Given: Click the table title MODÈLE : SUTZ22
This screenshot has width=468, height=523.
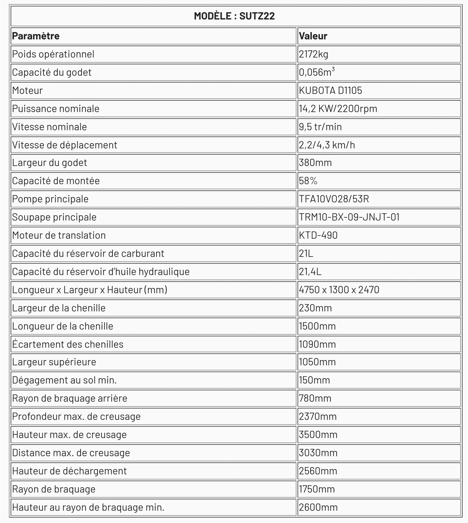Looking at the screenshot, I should [x=234, y=16].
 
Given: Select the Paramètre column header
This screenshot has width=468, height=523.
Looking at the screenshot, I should [x=36, y=36].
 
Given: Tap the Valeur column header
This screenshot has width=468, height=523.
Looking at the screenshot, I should [x=313, y=36].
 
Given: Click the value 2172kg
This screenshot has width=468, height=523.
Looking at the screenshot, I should [x=314, y=54].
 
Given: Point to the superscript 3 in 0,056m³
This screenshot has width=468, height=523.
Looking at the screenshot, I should [x=333, y=69].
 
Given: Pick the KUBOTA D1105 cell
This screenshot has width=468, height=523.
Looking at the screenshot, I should [x=330, y=91].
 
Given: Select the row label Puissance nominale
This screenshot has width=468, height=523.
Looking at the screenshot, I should [x=56, y=109].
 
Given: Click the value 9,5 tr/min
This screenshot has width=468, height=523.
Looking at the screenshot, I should [x=320, y=127].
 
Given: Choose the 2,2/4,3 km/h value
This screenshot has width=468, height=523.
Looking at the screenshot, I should [x=327, y=145].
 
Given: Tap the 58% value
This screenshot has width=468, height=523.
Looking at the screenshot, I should [x=308, y=181].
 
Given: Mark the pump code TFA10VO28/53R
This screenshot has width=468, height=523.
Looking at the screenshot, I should [x=334, y=199].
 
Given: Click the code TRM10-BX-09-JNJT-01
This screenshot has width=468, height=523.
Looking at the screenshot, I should [x=349, y=217].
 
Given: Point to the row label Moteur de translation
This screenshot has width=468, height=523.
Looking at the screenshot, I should [x=59, y=235].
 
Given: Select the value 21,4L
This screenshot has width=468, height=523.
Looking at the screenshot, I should [x=310, y=272].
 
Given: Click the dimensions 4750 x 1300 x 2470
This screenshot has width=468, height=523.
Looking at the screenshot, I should [x=339, y=290].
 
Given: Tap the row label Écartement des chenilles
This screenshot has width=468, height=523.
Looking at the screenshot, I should [x=68, y=344].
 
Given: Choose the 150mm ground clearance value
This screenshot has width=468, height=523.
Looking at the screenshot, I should [x=314, y=380].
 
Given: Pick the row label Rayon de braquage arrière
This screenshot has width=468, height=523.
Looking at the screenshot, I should [x=70, y=398].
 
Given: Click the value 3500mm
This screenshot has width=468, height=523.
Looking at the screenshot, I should [x=318, y=435].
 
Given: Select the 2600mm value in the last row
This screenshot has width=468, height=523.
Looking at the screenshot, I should [x=318, y=507].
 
